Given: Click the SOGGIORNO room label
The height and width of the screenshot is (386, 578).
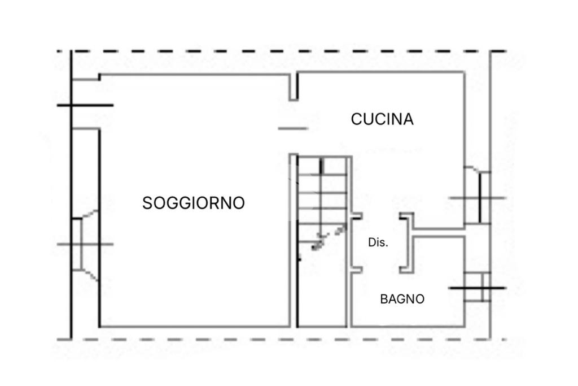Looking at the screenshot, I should pos(193,203).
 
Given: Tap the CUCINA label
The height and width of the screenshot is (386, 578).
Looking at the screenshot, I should pos(382,119).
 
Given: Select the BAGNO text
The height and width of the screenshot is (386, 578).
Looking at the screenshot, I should pos(402,299).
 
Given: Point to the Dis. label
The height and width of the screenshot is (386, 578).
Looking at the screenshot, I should pos(378,242).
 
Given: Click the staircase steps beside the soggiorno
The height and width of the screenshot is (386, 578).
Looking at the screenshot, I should pos(322,192).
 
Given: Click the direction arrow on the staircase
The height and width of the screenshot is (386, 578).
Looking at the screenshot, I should pos(327,237).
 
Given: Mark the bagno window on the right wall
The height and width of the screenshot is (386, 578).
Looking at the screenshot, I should pos(479,288).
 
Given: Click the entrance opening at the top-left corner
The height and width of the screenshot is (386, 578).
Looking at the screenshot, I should pos(85,105).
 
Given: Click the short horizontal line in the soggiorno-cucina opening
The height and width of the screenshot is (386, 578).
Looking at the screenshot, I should pos(293,128).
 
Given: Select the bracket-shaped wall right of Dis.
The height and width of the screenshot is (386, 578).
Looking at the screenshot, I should pos(408,243).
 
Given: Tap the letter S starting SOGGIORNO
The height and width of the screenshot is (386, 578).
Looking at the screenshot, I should pos(147,203).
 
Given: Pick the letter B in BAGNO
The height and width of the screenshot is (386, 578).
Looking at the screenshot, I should pos(384,299).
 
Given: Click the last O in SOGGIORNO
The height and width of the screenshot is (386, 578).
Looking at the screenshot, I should pos(239,203).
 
